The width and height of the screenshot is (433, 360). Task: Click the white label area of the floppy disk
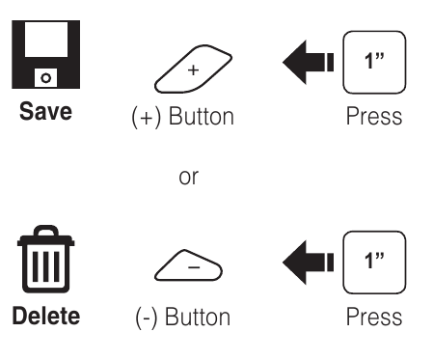tap(38, 43)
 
